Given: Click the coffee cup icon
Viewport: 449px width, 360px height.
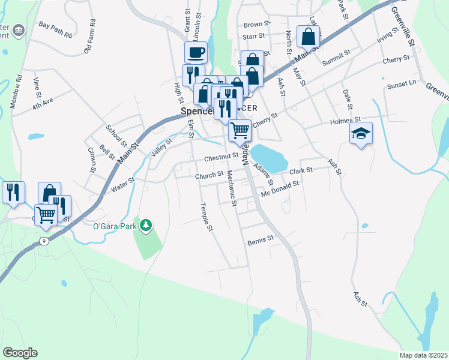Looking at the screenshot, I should click(196, 53).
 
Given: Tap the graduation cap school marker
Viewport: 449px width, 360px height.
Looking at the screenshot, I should click(361, 133).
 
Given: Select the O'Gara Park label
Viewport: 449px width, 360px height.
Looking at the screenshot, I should click(115, 226).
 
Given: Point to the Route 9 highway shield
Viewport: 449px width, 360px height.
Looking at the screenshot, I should click(44, 241).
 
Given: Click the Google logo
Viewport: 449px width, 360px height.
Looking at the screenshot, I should click(20, 352).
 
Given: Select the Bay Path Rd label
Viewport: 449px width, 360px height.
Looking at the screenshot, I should click(55, 25).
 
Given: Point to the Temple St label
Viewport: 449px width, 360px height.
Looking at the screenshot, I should click(206, 217).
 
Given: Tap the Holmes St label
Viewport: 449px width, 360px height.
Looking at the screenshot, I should click(345, 121).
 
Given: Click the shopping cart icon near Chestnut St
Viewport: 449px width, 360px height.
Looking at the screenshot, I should click(240, 129).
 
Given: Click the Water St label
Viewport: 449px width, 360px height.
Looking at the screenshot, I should click(122, 185).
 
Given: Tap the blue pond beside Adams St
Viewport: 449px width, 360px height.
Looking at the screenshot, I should click(269, 157).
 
